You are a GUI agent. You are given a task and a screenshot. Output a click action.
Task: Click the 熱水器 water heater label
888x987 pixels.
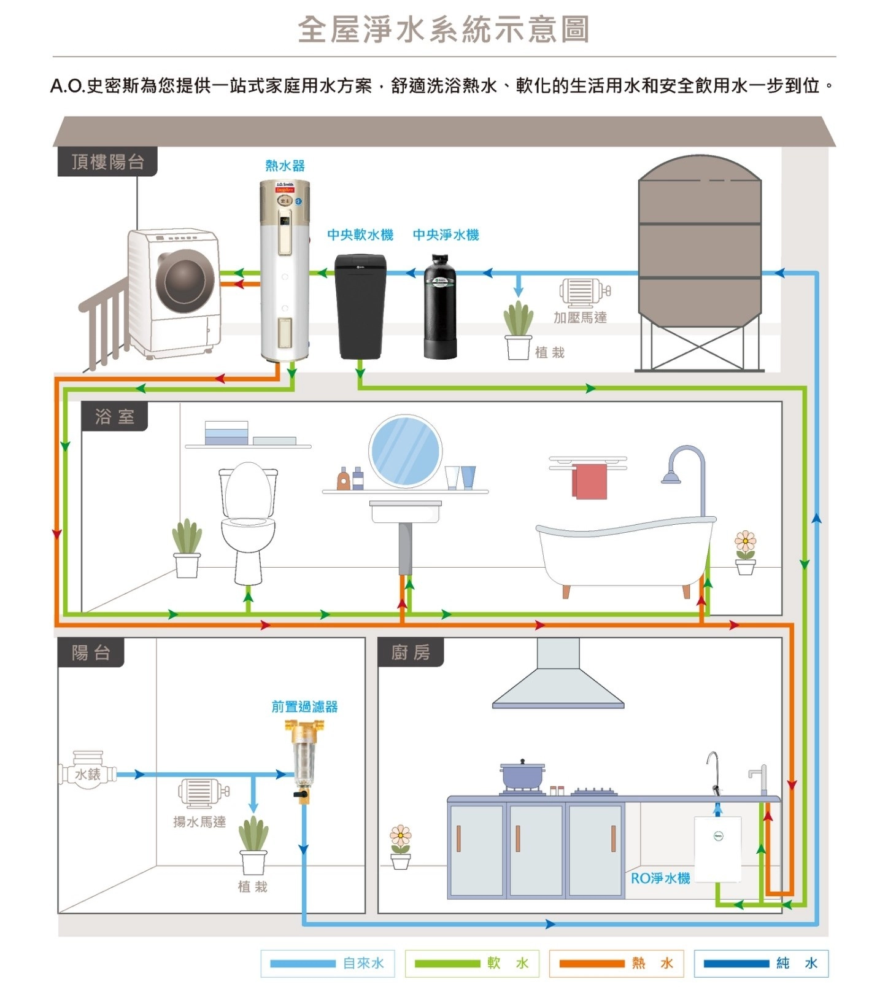(x=285, y=166)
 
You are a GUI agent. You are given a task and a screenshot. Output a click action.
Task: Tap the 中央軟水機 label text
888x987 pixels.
(x=360, y=234)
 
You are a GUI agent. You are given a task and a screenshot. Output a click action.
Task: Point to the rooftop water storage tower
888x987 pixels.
(x=700, y=246)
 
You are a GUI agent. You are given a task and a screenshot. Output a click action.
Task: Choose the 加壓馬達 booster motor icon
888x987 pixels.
(x=584, y=292)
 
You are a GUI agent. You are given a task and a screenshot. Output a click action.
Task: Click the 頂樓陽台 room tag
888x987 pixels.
(x=107, y=162)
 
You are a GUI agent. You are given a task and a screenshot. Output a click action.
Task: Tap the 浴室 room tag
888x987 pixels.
(x=115, y=417)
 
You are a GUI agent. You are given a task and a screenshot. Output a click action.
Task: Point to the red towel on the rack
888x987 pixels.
(x=590, y=481)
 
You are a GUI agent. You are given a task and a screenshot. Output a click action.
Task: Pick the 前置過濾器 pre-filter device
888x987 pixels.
(x=303, y=759)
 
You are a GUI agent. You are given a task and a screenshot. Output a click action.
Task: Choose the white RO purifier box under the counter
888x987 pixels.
(x=717, y=848)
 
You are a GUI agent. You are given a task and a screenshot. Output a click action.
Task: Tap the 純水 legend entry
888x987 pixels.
(x=761, y=963)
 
